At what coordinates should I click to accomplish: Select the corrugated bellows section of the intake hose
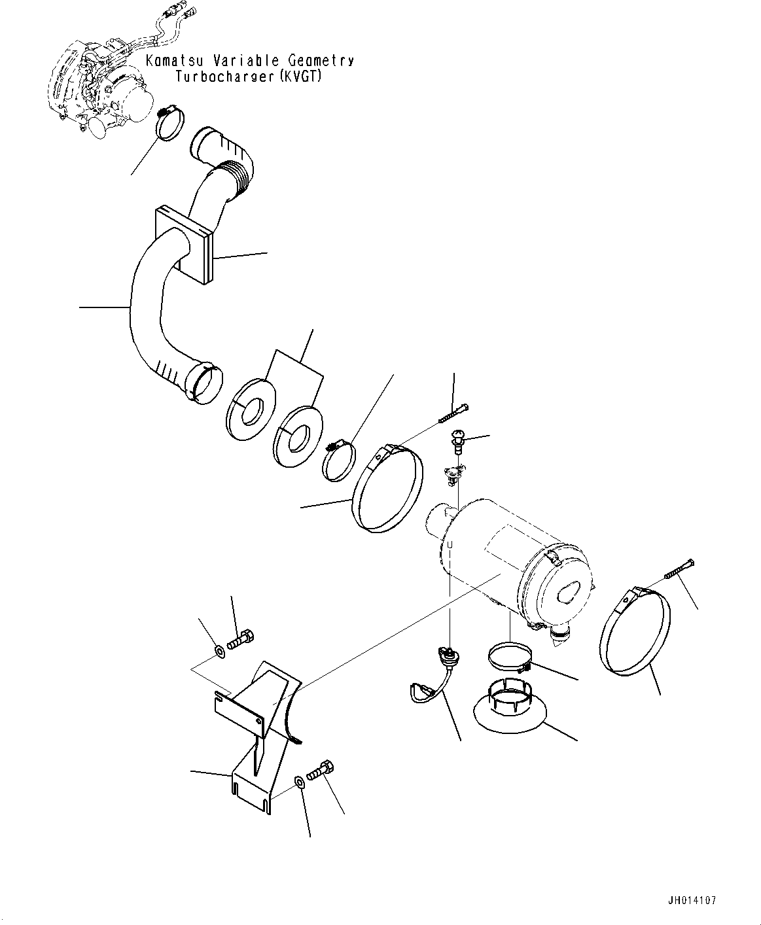tap(237, 180)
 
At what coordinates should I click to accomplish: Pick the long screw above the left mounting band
tap(453, 413)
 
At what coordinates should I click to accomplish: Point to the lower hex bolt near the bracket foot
tap(321, 783)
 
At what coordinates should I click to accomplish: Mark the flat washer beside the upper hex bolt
tap(219, 652)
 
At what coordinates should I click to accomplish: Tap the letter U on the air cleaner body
tap(450, 545)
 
